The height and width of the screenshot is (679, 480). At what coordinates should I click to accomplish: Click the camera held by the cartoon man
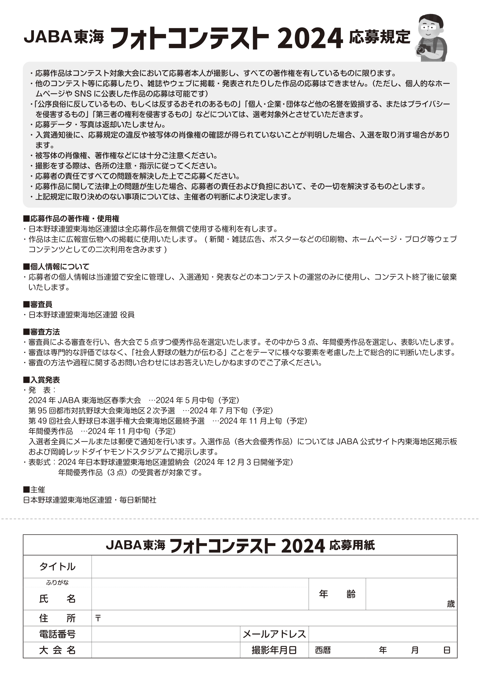(x=423, y=49)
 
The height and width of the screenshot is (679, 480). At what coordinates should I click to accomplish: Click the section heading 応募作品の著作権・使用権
(x=71, y=219)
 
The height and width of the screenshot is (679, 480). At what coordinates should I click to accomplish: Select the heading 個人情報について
(x=56, y=266)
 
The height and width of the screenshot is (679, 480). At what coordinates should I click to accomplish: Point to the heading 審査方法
(x=41, y=332)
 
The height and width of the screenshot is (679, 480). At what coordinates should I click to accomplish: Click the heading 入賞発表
(x=41, y=380)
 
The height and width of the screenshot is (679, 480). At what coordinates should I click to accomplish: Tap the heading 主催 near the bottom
(x=34, y=489)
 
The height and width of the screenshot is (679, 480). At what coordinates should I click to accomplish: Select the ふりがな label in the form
(x=57, y=582)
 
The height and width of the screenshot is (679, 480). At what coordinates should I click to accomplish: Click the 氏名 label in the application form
(x=57, y=599)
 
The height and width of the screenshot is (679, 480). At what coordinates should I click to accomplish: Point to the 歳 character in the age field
(x=450, y=604)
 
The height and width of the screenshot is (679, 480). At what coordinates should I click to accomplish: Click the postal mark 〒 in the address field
(x=98, y=618)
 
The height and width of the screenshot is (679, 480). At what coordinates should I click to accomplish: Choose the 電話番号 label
(x=57, y=634)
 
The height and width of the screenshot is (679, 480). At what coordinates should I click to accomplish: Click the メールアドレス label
(x=274, y=634)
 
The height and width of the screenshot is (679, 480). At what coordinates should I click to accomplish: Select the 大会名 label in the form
(x=57, y=650)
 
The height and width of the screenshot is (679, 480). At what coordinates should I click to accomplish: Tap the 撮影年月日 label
(x=274, y=650)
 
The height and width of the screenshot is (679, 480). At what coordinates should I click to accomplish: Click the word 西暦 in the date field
(x=323, y=650)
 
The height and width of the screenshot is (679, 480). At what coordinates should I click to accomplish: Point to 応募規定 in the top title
(x=380, y=37)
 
